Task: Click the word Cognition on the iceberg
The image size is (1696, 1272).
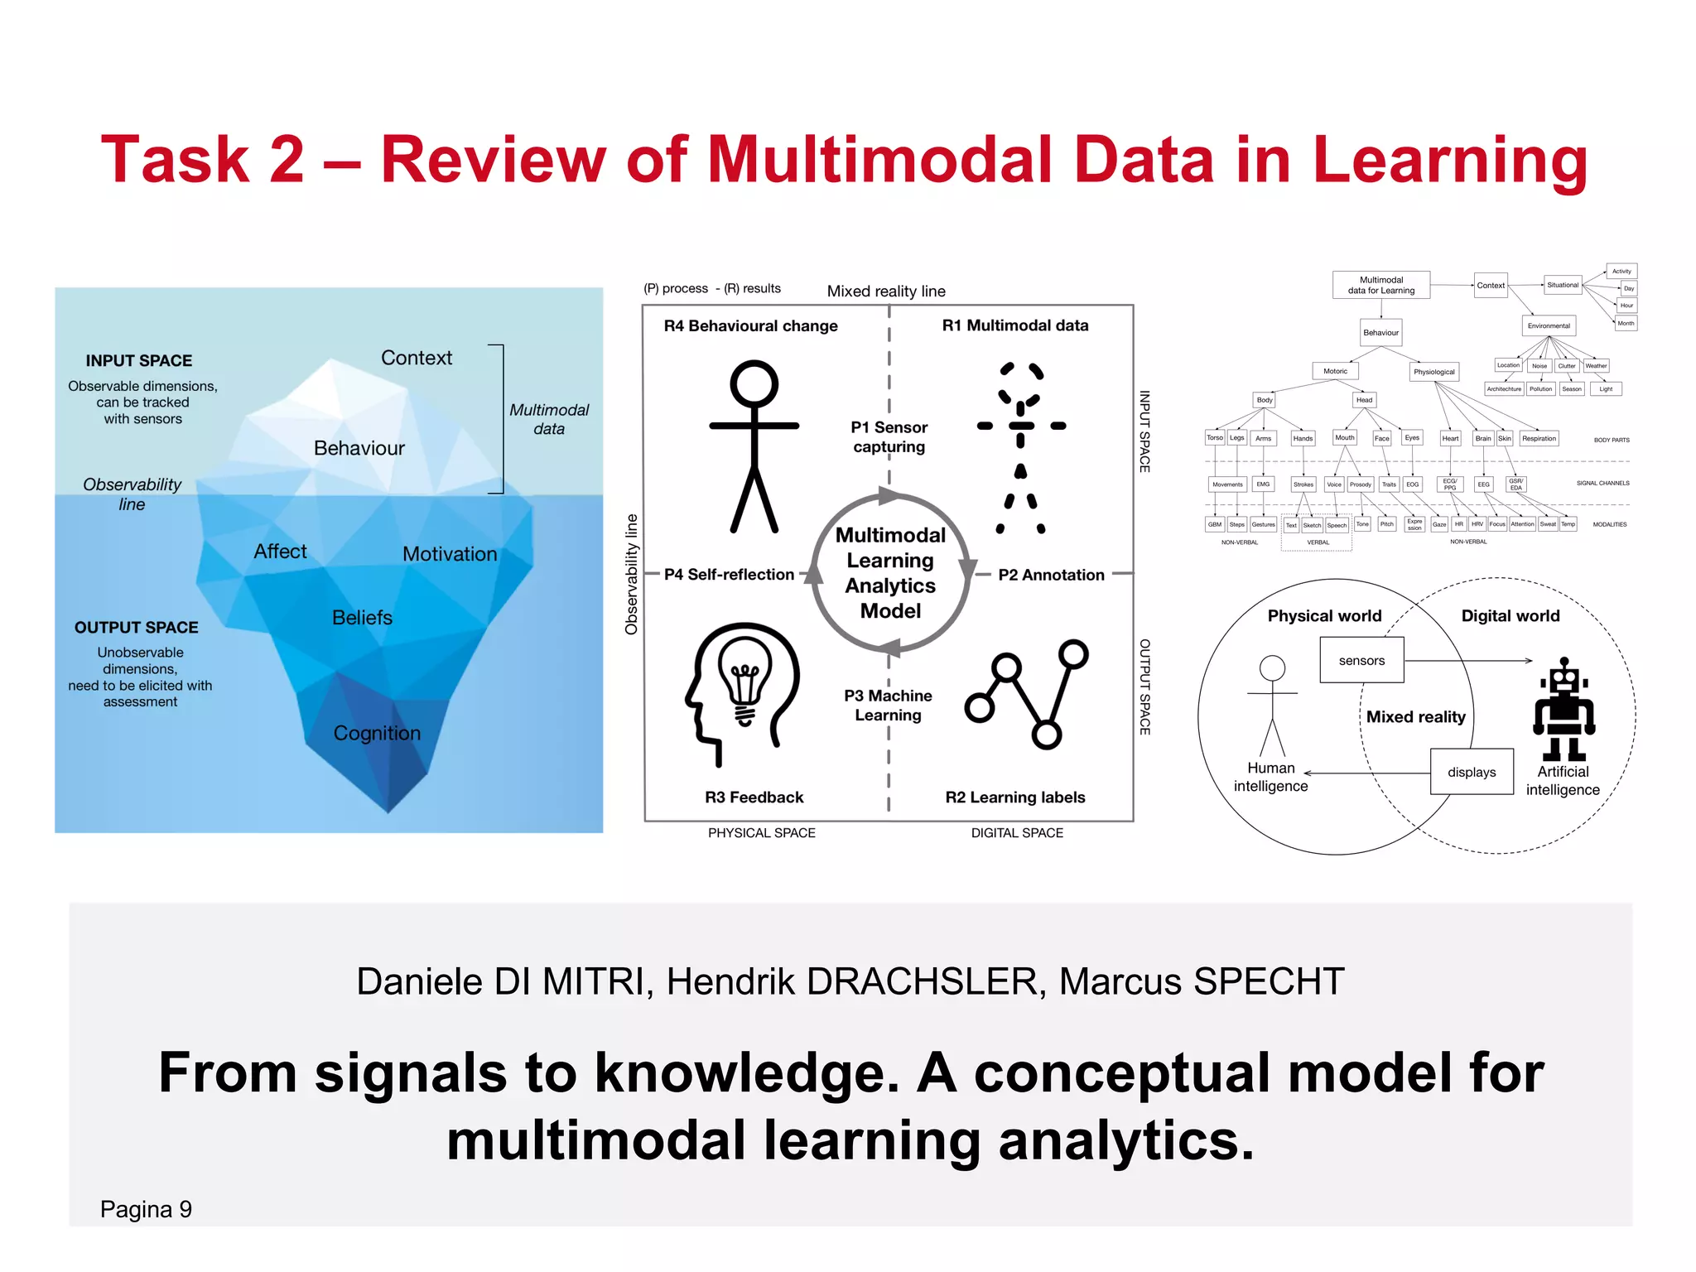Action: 377,734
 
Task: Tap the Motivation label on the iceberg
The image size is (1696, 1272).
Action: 450,554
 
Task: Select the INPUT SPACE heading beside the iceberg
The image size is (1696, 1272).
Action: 139,361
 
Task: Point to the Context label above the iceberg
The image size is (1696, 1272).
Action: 417,358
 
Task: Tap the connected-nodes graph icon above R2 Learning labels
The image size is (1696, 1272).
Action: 1026,693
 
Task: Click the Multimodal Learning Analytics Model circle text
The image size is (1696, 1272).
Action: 890,573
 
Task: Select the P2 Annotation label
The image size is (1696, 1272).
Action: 1051,575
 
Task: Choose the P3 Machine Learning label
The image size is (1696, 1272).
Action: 888,706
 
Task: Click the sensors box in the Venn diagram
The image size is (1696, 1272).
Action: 1361,661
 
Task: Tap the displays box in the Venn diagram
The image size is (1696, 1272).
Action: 1472,773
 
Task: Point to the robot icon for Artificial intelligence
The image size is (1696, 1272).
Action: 1563,710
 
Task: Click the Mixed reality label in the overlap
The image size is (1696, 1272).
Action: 1415,717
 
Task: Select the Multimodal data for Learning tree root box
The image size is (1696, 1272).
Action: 1381,286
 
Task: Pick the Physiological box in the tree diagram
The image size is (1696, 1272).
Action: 1433,372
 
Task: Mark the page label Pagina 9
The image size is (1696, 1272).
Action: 146,1210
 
